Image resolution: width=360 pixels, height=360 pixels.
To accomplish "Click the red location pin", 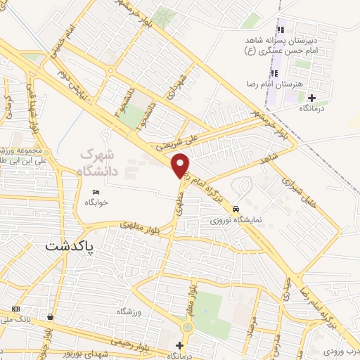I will [181, 165].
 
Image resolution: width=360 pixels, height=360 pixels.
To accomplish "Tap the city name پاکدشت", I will [70, 246].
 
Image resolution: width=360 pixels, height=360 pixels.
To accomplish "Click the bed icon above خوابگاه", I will [96, 193].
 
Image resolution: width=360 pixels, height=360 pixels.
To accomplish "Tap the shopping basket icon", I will [50, 317].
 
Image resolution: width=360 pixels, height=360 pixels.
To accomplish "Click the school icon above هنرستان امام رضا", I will [273, 73].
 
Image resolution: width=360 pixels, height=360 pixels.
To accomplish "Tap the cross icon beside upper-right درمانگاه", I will [311, 98].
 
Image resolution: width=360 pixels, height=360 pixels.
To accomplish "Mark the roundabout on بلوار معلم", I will [188, 328].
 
